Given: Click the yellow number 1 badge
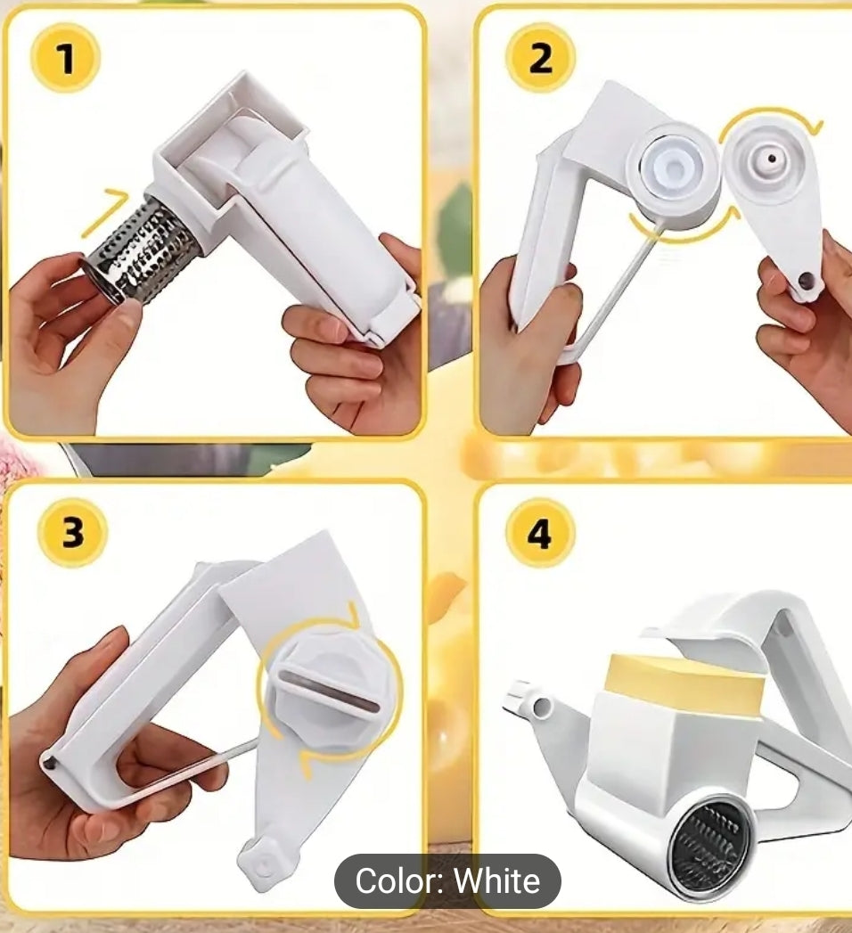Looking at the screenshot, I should click(x=64, y=59).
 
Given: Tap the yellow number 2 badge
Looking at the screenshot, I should click(x=540, y=59).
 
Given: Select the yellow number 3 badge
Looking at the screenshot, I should click(x=72, y=534).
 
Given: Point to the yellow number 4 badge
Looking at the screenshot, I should click(x=539, y=534).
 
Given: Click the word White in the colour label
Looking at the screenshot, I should click(x=497, y=881).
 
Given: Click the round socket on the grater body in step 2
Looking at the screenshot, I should click(x=672, y=164).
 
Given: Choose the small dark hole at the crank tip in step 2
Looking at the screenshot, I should click(x=806, y=281).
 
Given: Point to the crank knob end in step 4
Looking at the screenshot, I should click(x=528, y=701).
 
